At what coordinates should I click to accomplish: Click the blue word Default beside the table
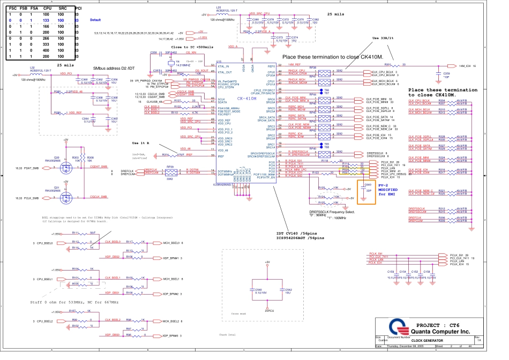tap(95, 20)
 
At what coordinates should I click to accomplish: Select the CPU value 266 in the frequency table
tap(47, 38)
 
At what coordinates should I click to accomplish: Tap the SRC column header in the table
tap(62, 9)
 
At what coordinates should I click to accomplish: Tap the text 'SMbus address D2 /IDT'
tap(114, 69)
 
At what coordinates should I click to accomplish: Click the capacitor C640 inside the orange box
tap(367, 191)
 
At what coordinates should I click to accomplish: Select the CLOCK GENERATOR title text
tap(426, 340)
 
